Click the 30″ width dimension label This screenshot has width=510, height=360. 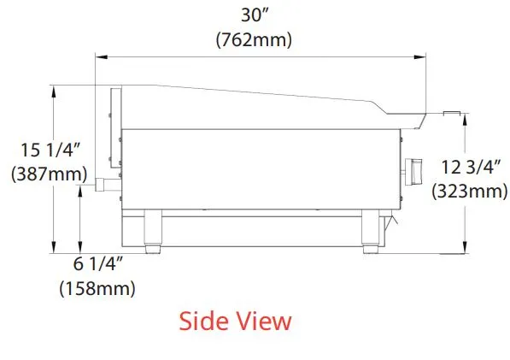tap(254, 15)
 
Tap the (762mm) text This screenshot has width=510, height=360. tap(254, 40)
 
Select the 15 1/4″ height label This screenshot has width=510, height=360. tap(50, 150)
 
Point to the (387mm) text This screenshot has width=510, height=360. tap(49, 174)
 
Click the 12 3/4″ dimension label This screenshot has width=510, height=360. tap(471, 168)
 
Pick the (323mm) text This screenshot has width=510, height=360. tap(470, 191)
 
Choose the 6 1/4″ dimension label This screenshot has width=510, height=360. tap(98, 263)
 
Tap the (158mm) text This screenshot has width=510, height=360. tap(97, 288)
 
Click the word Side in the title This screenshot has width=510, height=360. tap(203, 322)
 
